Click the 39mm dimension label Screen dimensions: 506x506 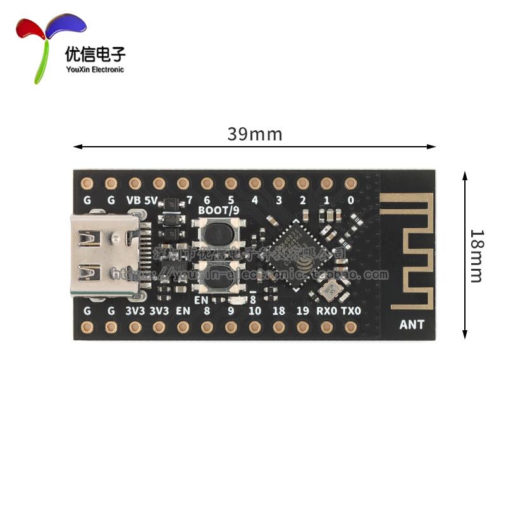254,135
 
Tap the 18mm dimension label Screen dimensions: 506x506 476,256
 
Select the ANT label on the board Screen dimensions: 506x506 412,325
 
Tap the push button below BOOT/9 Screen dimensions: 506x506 218,233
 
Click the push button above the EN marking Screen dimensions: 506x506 218,278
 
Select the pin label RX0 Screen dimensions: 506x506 326,311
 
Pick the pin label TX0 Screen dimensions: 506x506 351,311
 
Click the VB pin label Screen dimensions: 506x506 133,200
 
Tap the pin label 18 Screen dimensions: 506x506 279,311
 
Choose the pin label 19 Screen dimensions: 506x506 303,311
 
